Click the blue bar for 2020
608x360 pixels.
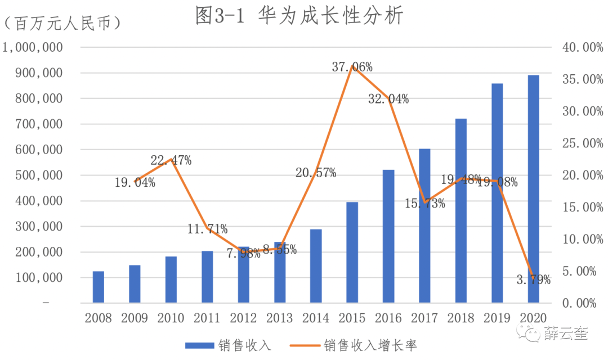pyautogui.click(x=533, y=189)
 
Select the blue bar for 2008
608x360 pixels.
pyautogui.click(x=99, y=287)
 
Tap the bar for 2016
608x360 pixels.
pyautogui.click(x=388, y=236)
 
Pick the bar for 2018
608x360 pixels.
pyautogui.click(x=461, y=211)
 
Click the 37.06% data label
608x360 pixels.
pyautogui.click(x=352, y=67)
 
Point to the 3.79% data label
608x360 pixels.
pyautogui.click(x=533, y=280)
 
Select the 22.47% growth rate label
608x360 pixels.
pyautogui.click(x=171, y=161)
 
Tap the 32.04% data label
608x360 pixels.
pyautogui.click(x=388, y=100)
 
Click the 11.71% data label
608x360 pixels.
pyautogui.click(x=207, y=229)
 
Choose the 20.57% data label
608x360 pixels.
pyautogui.click(x=316, y=173)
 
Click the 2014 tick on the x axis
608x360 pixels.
pyautogui.click(x=316, y=318)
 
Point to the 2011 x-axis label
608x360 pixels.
pyautogui.click(x=207, y=318)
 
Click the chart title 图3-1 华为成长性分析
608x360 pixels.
pyautogui.click(x=299, y=16)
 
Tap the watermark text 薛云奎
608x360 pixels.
pyautogui.click(x=566, y=334)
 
